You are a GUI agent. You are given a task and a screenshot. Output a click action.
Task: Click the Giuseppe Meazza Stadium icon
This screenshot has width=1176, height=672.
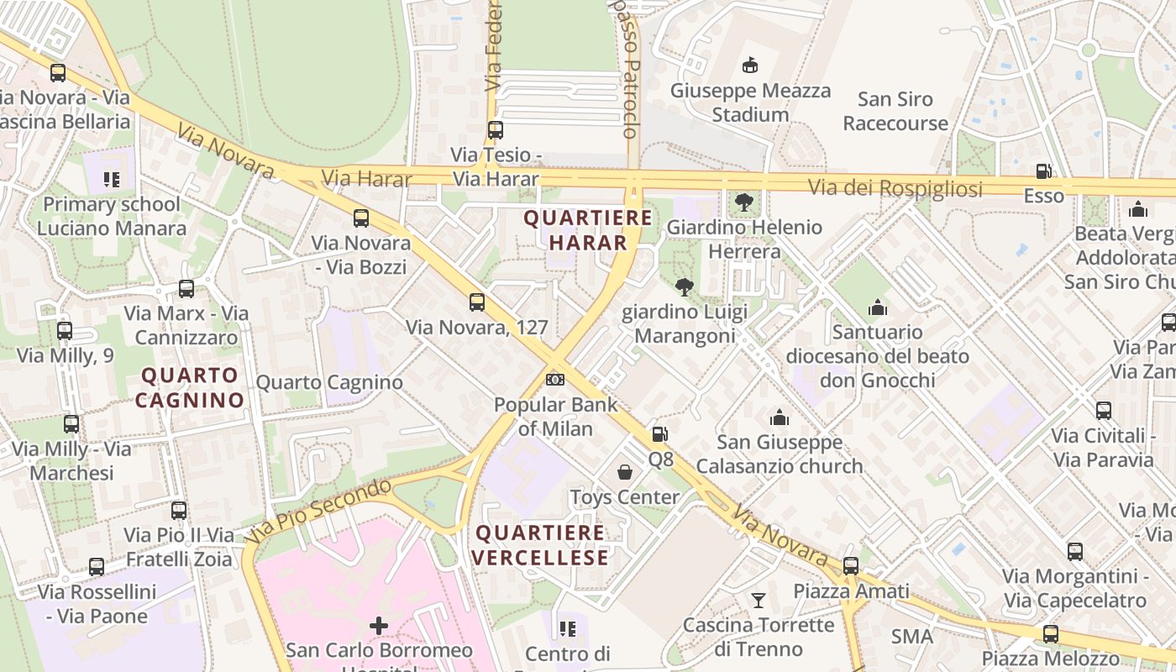tap(749, 66)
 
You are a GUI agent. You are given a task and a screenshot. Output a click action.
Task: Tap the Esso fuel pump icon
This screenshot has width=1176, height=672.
tap(1043, 171)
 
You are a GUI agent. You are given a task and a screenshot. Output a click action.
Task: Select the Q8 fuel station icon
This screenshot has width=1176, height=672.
tap(660, 434)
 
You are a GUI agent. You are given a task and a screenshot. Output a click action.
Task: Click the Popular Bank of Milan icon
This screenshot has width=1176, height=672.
tap(554, 380)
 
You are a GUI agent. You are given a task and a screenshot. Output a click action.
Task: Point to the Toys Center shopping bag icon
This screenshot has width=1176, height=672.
tap(625, 472)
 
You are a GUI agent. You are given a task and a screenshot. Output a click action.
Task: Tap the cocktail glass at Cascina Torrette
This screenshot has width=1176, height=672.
tap(759, 600)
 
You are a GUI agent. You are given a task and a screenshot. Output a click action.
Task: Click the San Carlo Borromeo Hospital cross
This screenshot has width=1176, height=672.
tap(379, 625)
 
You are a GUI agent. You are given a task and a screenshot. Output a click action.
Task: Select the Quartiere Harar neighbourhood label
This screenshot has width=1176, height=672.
tap(588, 230)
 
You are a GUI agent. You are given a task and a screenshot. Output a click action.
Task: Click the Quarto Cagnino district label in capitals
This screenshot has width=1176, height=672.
tap(190, 387)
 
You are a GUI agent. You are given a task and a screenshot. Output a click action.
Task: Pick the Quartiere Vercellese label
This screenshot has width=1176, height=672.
tap(540, 545)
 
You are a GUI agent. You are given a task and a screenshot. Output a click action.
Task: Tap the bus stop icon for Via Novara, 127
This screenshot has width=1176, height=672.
tap(476, 302)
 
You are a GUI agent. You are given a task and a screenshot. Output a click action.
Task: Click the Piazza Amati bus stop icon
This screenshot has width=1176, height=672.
tap(851, 565)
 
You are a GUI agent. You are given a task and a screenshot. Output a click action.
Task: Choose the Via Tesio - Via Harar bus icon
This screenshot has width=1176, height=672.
tap(496, 130)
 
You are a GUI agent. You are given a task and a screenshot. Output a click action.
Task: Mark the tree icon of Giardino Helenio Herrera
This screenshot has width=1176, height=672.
tap(743, 202)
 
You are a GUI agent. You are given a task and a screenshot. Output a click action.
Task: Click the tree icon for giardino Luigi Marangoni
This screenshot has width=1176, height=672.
tap(685, 287)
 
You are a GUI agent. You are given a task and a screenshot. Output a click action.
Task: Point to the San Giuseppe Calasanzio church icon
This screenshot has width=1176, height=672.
tap(780, 417)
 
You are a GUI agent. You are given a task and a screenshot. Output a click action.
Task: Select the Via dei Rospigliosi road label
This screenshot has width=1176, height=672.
tap(895, 188)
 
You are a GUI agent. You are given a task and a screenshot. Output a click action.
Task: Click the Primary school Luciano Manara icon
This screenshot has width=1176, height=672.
tap(112, 179)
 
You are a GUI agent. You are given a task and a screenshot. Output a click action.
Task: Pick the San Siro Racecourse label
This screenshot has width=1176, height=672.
tap(895, 111)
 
